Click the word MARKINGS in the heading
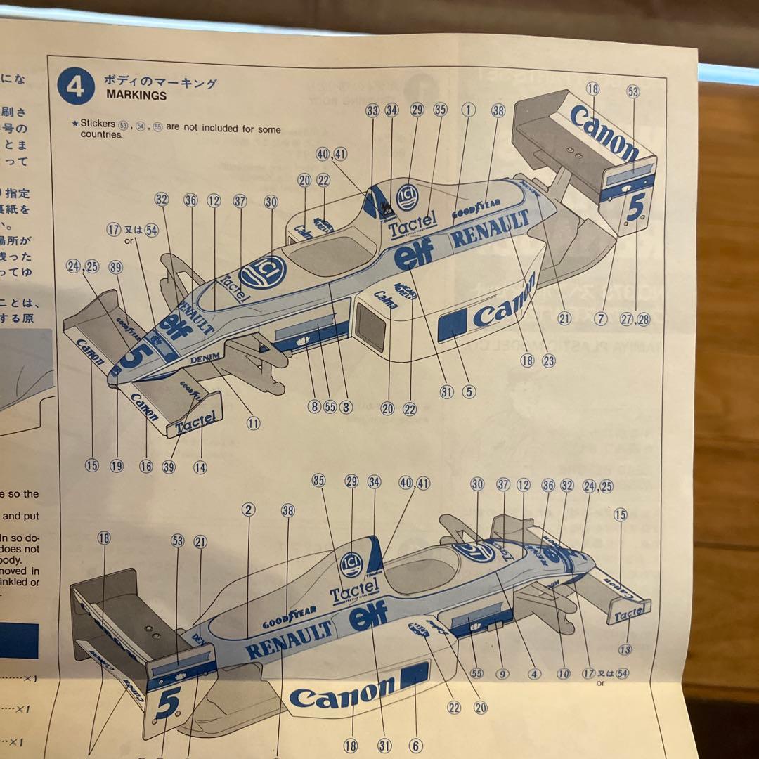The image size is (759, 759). [136, 96]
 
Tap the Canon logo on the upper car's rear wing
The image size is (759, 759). [604, 133]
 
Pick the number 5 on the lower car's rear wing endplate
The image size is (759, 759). [167, 702]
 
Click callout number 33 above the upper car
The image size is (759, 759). [372, 110]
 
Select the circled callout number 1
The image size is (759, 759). [468, 110]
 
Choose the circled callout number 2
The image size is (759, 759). [248, 510]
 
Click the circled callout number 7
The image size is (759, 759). [599, 318]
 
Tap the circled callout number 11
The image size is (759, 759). [253, 423]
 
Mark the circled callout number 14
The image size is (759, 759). [200, 467]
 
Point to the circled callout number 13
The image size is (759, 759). [625, 649]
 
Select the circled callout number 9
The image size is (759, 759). [501, 673]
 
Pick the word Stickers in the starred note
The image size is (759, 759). [98, 124]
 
